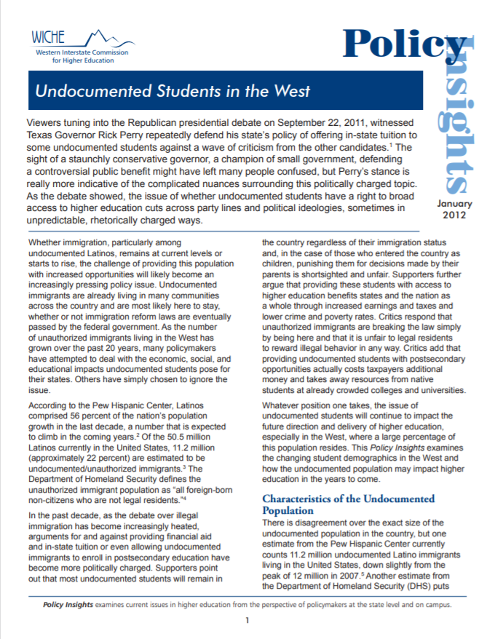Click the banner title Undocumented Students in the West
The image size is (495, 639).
(x=173, y=92)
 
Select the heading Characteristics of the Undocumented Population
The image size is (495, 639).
(x=348, y=504)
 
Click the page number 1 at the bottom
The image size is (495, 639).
(x=247, y=620)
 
